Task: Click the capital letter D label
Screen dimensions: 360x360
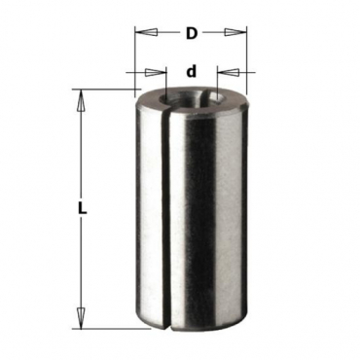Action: coord(192,33)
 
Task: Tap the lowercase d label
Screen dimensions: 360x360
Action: coord(192,71)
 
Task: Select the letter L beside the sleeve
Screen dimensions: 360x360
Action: coord(83,207)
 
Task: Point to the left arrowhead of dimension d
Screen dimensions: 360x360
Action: coord(155,72)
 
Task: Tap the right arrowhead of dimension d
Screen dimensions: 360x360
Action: coord(229,72)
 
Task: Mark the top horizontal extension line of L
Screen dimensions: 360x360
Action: coord(107,89)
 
